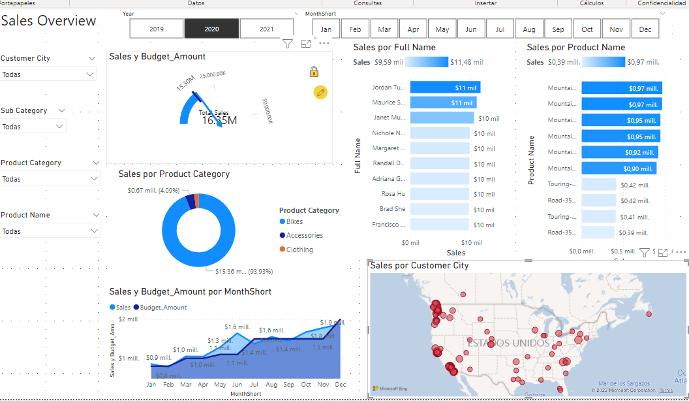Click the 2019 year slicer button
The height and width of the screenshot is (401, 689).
[x=157, y=29]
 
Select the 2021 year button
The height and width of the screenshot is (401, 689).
[x=266, y=29]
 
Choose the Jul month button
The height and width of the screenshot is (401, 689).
[x=500, y=29]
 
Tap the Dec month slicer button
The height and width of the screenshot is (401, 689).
[x=645, y=29]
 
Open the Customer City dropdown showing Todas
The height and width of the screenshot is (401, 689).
[x=48, y=74]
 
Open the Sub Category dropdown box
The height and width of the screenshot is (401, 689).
[x=33, y=127]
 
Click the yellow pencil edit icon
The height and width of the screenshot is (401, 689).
[x=320, y=92]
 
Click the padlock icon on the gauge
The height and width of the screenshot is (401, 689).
[x=314, y=72]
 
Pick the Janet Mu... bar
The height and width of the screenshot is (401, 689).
[x=442, y=118]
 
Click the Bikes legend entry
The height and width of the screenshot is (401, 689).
[x=294, y=222]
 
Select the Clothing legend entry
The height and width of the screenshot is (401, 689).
[x=299, y=249]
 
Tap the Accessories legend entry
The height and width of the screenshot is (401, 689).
[x=304, y=236]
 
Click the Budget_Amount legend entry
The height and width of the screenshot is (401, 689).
[x=163, y=308]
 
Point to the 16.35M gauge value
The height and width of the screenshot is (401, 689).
[x=219, y=120]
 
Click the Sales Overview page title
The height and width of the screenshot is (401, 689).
[x=49, y=21]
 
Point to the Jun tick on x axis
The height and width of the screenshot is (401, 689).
[x=237, y=385]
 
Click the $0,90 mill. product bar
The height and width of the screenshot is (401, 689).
[x=619, y=168]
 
